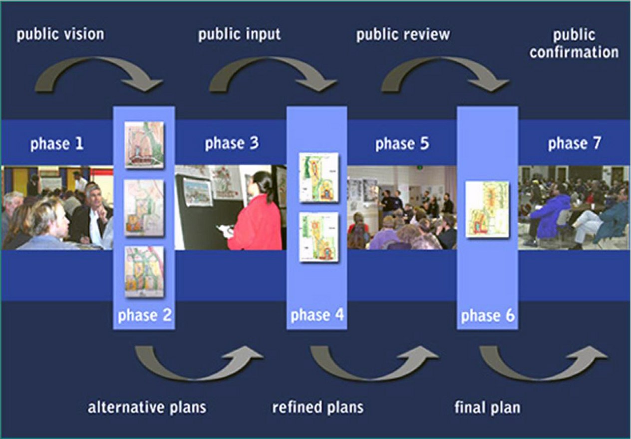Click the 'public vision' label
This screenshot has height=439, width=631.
point(60,34)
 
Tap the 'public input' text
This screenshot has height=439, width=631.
point(239,34)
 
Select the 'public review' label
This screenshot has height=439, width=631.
point(402,34)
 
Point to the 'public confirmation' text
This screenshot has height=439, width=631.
point(574,43)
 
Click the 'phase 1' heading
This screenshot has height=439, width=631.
point(57,144)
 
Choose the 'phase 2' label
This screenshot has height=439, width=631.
point(144,316)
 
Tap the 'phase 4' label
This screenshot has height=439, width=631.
point(317,316)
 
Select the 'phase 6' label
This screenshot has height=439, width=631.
point(488,316)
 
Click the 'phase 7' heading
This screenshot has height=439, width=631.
point(574,144)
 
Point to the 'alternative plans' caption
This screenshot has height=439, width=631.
point(147,407)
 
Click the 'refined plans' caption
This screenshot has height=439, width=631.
point(317,407)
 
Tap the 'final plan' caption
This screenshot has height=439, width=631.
point(487,407)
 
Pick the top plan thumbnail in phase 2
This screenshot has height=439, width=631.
point(144,144)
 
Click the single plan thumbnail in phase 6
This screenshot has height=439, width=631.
point(487,209)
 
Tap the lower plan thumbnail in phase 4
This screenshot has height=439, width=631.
point(318,237)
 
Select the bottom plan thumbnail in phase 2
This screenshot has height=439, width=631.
point(144,272)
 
